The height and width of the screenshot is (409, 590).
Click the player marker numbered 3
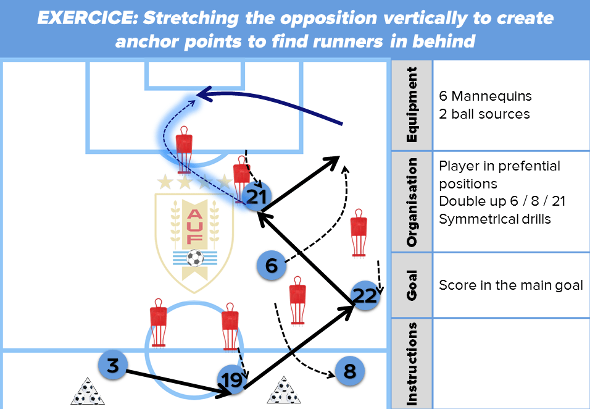112,366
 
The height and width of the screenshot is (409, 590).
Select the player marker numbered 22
365,296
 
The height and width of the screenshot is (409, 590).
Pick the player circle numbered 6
272,266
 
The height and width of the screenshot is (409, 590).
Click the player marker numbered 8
350,371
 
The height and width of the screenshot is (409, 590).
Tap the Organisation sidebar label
412,201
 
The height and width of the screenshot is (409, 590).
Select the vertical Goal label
412,285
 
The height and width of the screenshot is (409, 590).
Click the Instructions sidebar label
412,364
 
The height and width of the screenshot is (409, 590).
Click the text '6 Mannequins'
485,96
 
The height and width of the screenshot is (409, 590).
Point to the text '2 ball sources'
484,114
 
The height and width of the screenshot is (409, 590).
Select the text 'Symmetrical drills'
495,219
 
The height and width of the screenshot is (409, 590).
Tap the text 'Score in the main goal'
511,285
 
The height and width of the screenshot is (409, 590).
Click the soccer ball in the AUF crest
195,257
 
